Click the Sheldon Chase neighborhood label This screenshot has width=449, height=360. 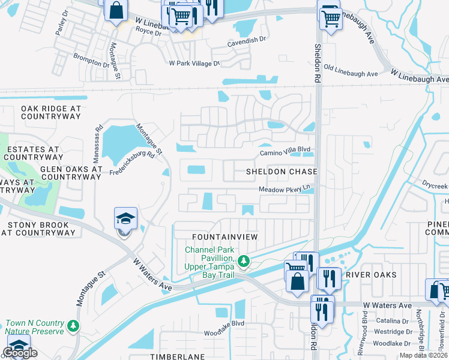(x=281, y=172)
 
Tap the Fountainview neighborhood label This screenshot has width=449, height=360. (x=224, y=237)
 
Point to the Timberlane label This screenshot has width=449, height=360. (x=177, y=356)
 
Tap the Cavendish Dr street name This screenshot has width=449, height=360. (x=246, y=40)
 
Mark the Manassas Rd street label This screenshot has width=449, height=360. (x=97, y=143)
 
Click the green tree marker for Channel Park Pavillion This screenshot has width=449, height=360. (x=243, y=260)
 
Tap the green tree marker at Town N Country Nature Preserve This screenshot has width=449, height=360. (x=73, y=326)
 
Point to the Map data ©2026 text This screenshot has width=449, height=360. (x=424, y=356)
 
